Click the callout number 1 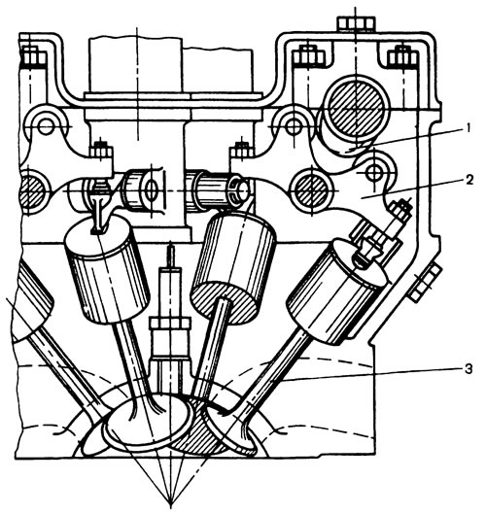pos(469,128)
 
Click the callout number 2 pos(469,180)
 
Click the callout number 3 pos(469,369)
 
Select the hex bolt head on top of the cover pos(356,23)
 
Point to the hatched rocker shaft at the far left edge pos(32,190)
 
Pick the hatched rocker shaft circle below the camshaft pos(311,190)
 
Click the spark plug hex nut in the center pos(170,323)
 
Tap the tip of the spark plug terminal pos(170,244)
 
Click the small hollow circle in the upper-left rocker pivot pos(46,126)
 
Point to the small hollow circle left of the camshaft pos(293,126)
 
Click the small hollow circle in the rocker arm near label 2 pos(373,171)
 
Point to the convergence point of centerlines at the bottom pos(170,502)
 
